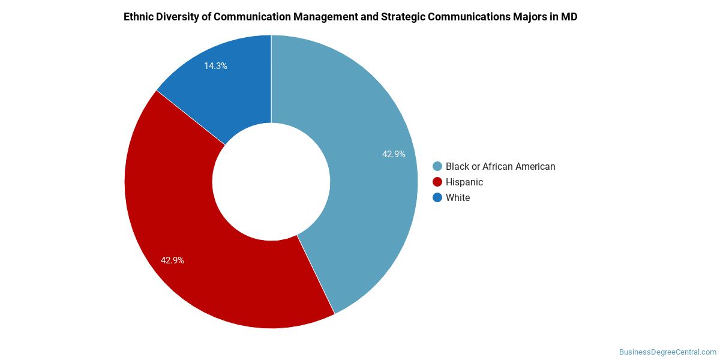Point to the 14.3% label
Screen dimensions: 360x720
(215, 66)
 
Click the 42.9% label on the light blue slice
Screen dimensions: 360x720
(394, 154)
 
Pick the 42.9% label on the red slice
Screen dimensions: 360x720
(172, 260)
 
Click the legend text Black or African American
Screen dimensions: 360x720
(500, 166)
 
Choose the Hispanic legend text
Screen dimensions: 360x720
(464, 182)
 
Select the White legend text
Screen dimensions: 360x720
(458, 197)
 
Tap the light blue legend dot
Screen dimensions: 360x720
(437, 166)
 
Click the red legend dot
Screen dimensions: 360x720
(437, 182)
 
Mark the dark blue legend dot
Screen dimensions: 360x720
(437, 197)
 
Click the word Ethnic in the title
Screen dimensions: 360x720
(139, 17)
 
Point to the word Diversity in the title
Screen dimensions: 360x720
(178, 17)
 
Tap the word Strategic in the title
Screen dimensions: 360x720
(403, 17)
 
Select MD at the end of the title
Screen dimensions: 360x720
(569, 17)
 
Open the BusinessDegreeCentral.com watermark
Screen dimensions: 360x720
(667, 352)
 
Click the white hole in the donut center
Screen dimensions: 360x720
(271, 182)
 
